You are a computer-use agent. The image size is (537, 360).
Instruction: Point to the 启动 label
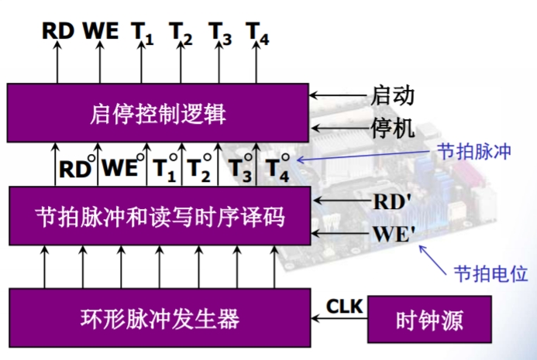[394, 96]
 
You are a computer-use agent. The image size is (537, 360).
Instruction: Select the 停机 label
[394, 128]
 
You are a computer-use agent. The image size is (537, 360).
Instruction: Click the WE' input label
[394, 231]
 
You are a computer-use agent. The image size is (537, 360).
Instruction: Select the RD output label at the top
[58, 31]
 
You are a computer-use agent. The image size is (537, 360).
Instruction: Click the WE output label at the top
[101, 31]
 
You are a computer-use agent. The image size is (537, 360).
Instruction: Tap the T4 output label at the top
[257, 33]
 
